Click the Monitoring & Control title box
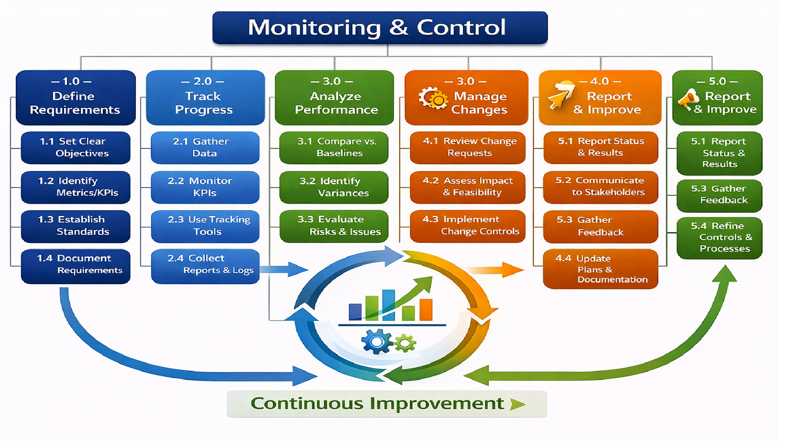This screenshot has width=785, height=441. pyautogui.click(x=380, y=28)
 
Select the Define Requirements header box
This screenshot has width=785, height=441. pyautogui.click(x=76, y=98)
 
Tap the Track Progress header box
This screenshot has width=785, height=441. pyautogui.click(x=205, y=98)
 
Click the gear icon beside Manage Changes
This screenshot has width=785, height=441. pyautogui.click(x=433, y=98)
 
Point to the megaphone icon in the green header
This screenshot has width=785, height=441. pyautogui.click(x=688, y=99)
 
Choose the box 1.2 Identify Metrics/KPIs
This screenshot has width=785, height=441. pyautogui.click(x=76, y=187)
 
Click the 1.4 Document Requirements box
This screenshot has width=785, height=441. pyautogui.click(x=76, y=266)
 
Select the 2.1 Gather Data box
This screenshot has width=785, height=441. pyautogui.click(x=205, y=147)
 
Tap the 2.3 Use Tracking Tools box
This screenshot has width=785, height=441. pyautogui.click(x=205, y=226)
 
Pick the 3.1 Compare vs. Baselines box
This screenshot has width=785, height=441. pyautogui.click(x=334, y=147)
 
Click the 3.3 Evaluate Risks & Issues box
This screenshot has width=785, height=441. pyautogui.click(x=334, y=226)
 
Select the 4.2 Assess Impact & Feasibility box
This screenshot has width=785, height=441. pyautogui.click(x=467, y=187)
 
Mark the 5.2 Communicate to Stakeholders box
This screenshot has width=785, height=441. pyautogui.click(x=601, y=187)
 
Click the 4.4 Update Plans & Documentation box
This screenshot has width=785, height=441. pyautogui.click(x=601, y=269)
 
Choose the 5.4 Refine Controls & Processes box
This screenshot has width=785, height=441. pyautogui.click(x=719, y=238)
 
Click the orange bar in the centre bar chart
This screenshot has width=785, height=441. pyautogui.click(x=426, y=310)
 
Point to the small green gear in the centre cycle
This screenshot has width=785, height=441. pyautogui.click(x=405, y=343)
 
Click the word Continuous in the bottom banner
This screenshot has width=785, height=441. pyautogui.click(x=307, y=404)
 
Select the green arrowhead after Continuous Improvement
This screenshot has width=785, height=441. pyautogui.click(x=517, y=404)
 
